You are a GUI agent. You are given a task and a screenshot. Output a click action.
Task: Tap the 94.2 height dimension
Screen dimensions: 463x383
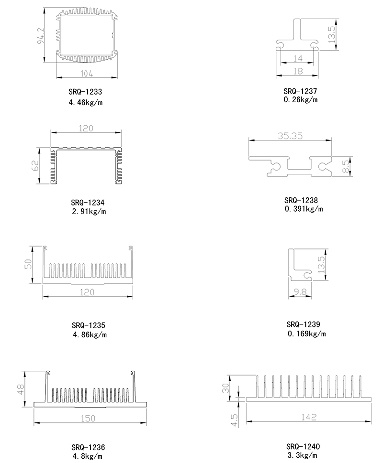tap(41, 35)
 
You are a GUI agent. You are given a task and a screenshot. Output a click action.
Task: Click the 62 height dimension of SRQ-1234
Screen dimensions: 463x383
tap(35, 166)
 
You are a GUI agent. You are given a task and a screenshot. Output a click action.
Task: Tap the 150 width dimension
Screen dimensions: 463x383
tap(88, 418)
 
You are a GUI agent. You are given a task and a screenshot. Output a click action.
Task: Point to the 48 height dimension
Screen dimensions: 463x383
tap(20, 389)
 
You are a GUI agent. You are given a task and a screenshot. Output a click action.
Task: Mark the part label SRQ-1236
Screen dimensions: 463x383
tap(89, 447)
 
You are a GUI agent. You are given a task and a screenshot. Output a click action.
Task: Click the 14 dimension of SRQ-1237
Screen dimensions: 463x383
tap(297, 58)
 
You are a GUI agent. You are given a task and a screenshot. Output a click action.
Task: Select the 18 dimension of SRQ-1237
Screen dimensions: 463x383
tap(297, 71)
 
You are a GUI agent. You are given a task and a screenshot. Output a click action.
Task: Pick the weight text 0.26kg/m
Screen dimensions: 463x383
tap(301, 99)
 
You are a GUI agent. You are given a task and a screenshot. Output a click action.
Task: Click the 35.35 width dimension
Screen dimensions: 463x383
tap(290, 136)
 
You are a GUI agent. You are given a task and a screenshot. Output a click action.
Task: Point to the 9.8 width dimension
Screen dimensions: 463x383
tap(300, 291)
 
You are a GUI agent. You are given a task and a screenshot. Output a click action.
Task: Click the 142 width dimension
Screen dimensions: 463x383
tap(309, 417)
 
